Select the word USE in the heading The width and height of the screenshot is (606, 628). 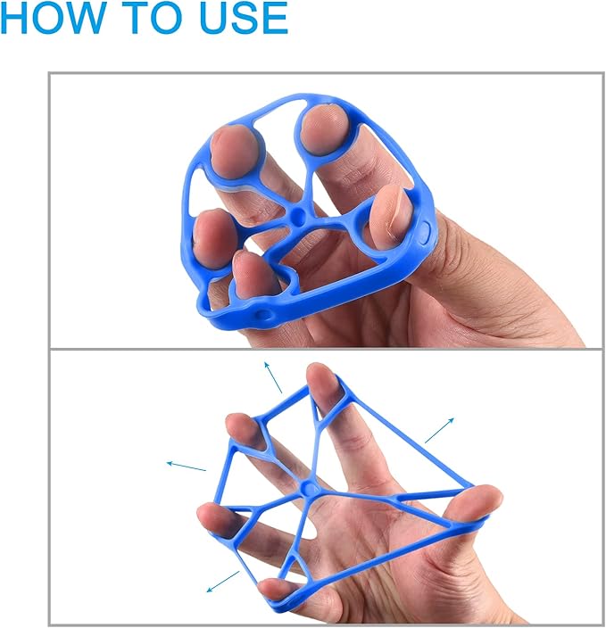pyautogui.click(x=244, y=17)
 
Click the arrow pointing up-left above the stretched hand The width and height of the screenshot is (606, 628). pyautogui.click(x=273, y=376)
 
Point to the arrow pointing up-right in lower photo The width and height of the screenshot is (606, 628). pyautogui.click(x=440, y=430)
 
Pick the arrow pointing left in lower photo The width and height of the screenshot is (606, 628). pyautogui.click(x=187, y=467)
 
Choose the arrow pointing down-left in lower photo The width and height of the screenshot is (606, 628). pyautogui.click(x=223, y=582)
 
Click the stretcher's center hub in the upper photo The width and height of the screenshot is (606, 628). pyautogui.click(x=297, y=215)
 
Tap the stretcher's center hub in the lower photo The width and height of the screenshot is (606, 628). pyautogui.click(x=308, y=488)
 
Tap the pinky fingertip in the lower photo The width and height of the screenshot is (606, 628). pyautogui.click(x=277, y=589)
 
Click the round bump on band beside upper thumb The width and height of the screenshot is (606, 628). pyautogui.click(x=424, y=232)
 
